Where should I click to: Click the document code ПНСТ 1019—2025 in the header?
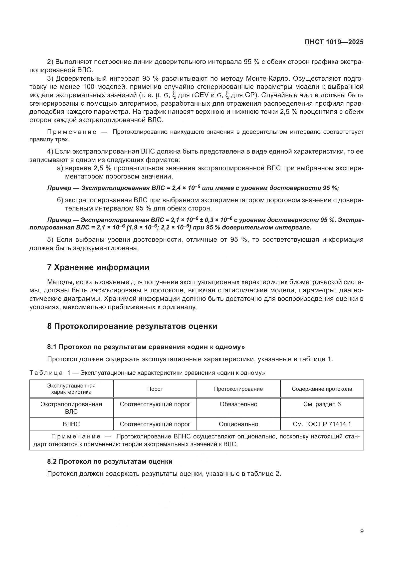(x=334, y=42)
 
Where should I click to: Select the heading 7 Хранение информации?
(x=98, y=267)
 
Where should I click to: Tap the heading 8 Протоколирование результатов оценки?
(x=132, y=326)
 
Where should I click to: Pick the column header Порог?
(x=155, y=389)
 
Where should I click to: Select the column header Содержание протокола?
(x=322, y=389)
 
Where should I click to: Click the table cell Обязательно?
(x=238, y=404)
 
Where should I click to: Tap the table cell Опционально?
(x=238, y=424)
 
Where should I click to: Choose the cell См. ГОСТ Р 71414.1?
(x=322, y=424)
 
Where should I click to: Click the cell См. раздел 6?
(x=322, y=404)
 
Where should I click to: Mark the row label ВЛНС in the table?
(x=71, y=424)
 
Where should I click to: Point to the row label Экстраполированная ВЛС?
(x=71, y=408)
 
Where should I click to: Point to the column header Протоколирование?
(x=238, y=389)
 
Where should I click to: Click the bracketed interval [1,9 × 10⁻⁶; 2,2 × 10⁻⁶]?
(x=159, y=227)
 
